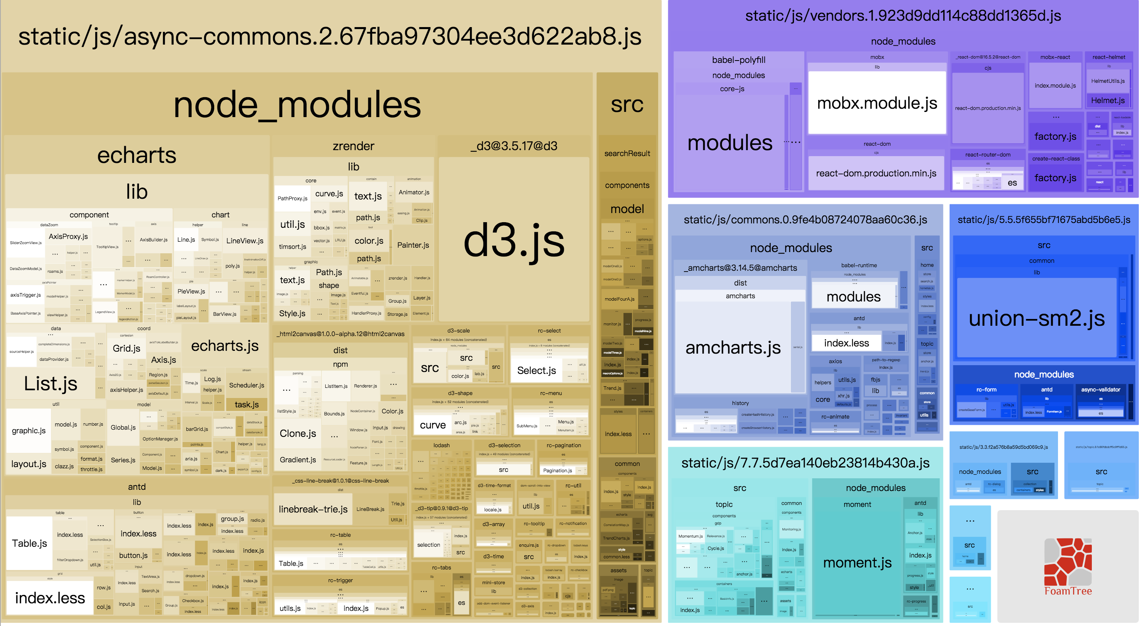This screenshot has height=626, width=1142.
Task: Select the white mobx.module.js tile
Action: pos(876,103)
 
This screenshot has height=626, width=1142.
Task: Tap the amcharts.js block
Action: pos(733,348)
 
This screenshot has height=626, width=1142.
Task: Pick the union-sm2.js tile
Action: pos(1036,318)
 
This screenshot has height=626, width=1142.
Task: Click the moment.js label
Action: pos(857,563)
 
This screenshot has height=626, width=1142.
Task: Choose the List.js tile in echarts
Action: pos(51,383)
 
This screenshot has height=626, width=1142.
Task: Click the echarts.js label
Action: pos(225,346)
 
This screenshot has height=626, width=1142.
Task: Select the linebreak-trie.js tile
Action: pos(313,509)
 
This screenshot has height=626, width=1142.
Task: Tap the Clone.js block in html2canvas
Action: pos(297,433)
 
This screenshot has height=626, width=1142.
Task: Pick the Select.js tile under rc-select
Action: pos(536,371)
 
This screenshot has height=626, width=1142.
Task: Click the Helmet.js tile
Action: pos(1107,101)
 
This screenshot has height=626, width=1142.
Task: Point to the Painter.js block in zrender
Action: pos(413,245)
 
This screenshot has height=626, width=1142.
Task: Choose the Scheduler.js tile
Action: pos(246,385)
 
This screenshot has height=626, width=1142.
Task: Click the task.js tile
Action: pos(246,404)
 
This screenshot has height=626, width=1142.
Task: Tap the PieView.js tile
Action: pos(191,291)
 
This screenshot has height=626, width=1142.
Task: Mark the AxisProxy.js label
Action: pos(68,236)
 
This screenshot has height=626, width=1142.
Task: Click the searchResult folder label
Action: pos(627,153)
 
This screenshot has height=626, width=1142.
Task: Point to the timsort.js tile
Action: pos(292,246)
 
